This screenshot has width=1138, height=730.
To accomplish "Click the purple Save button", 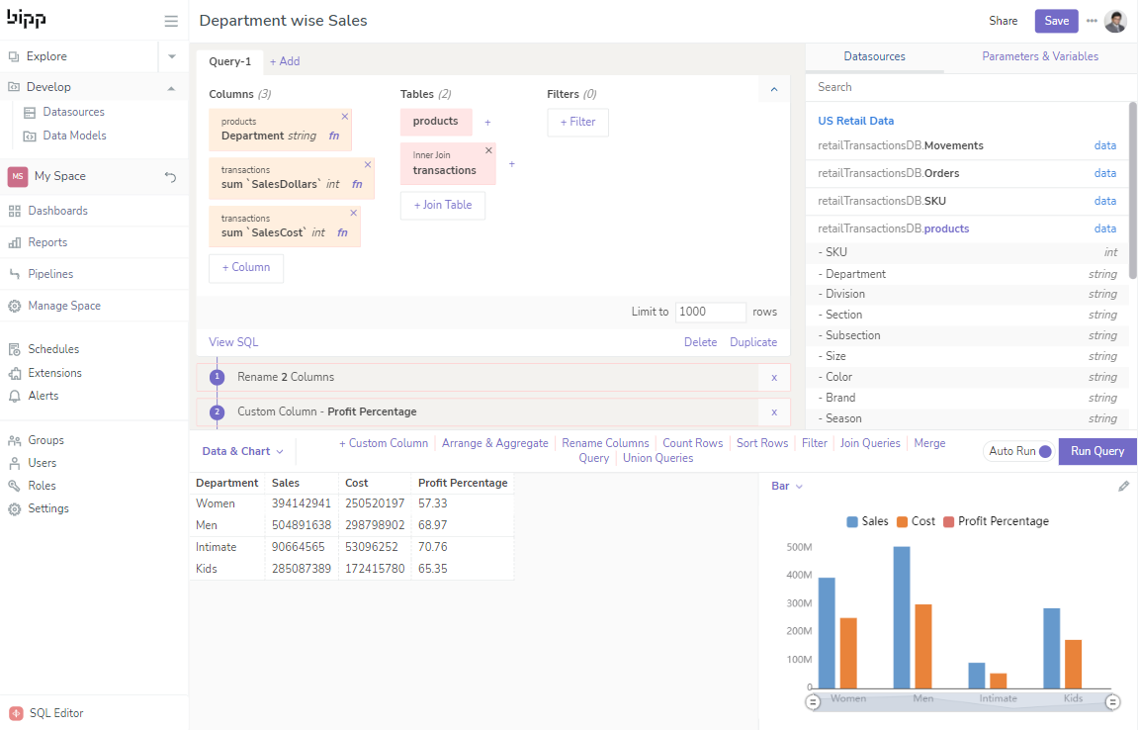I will click(x=1056, y=21).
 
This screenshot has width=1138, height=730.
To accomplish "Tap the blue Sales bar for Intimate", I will click(x=977, y=676).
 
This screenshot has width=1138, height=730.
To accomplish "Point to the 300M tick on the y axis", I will click(x=798, y=603).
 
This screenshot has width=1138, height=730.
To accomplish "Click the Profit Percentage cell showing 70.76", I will click(x=433, y=547).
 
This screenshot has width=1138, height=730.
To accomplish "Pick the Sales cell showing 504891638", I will click(x=301, y=525).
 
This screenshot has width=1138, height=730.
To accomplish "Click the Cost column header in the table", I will click(x=357, y=483).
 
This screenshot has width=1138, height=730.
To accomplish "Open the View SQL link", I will click(x=233, y=342).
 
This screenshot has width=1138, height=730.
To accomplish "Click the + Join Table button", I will click(x=442, y=205).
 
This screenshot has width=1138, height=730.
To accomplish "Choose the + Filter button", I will click(x=577, y=122).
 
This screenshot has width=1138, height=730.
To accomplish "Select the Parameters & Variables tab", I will click(x=1039, y=56).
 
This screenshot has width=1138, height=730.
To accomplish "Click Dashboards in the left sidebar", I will click(x=57, y=211).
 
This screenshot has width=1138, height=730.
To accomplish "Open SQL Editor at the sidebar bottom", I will click(x=55, y=713).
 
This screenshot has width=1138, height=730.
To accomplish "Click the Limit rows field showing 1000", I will click(x=710, y=312).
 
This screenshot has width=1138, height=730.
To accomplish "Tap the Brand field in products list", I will click(x=840, y=398).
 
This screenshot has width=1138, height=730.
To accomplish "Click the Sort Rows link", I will click(x=761, y=443).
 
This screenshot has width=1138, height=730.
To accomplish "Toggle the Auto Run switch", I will click(x=1044, y=451).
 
